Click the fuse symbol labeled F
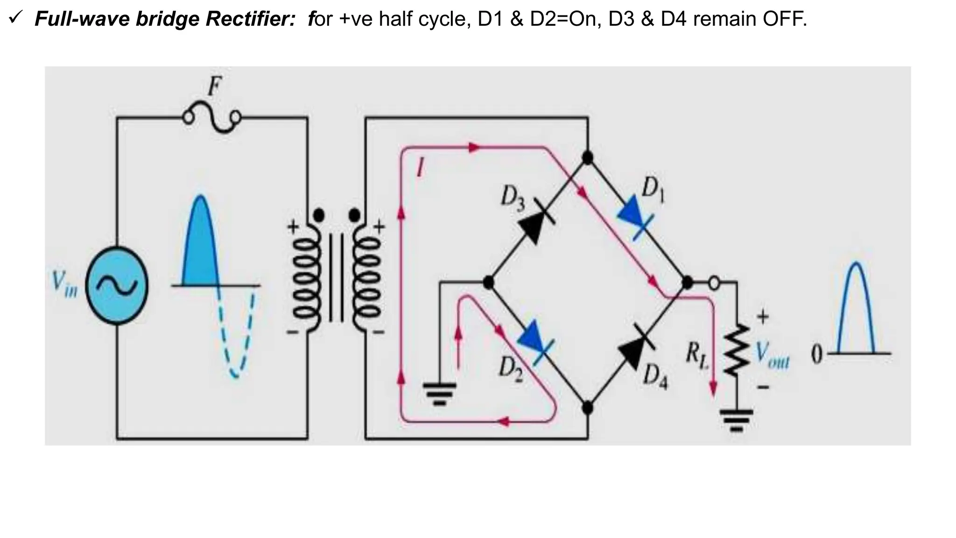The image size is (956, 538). (x=213, y=118)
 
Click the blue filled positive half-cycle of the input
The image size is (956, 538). (x=200, y=248)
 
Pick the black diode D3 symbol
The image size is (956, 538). (x=536, y=224)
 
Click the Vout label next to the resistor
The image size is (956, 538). (x=773, y=357)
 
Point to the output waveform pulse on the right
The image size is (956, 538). (x=856, y=308)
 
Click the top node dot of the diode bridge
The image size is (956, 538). (x=588, y=158)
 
